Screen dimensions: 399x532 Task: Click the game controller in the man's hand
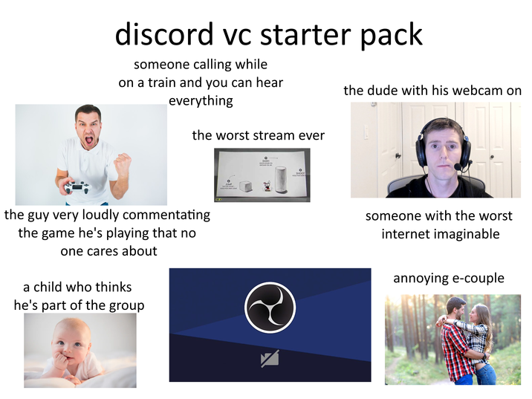[77, 186]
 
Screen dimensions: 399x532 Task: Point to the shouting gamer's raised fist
[123, 161]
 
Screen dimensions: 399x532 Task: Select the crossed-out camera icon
[270, 360]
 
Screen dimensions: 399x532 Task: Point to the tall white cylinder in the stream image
[280, 178]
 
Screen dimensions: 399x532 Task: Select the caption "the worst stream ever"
[258, 135]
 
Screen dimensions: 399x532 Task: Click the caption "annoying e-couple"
[448, 279]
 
